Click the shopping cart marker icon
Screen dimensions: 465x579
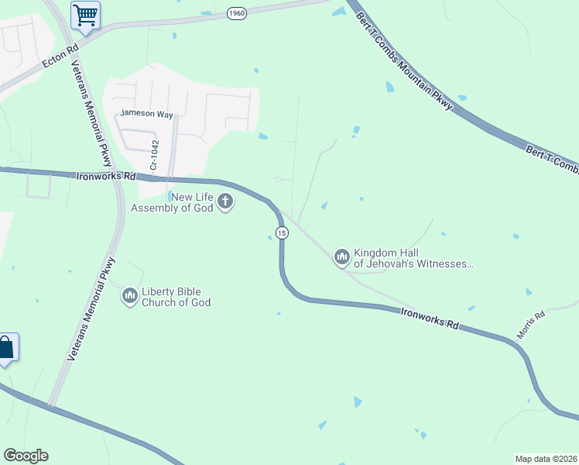point(85,14)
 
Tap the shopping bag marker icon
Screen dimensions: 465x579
point(5,348)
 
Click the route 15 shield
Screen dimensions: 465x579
point(281,233)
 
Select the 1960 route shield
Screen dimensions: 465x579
point(237,13)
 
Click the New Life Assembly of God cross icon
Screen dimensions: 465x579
point(225,202)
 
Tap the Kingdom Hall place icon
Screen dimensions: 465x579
point(341,257)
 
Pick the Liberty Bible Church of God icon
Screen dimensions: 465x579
point(129,295)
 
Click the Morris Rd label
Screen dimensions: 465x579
point(531,325)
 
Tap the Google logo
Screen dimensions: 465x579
point(26,456)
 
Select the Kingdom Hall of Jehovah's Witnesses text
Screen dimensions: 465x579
point(413,258)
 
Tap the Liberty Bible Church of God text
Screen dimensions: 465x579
point(176,297)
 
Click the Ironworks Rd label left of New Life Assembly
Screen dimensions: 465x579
point(107,176)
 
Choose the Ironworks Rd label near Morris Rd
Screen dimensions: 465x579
point(429,318)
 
